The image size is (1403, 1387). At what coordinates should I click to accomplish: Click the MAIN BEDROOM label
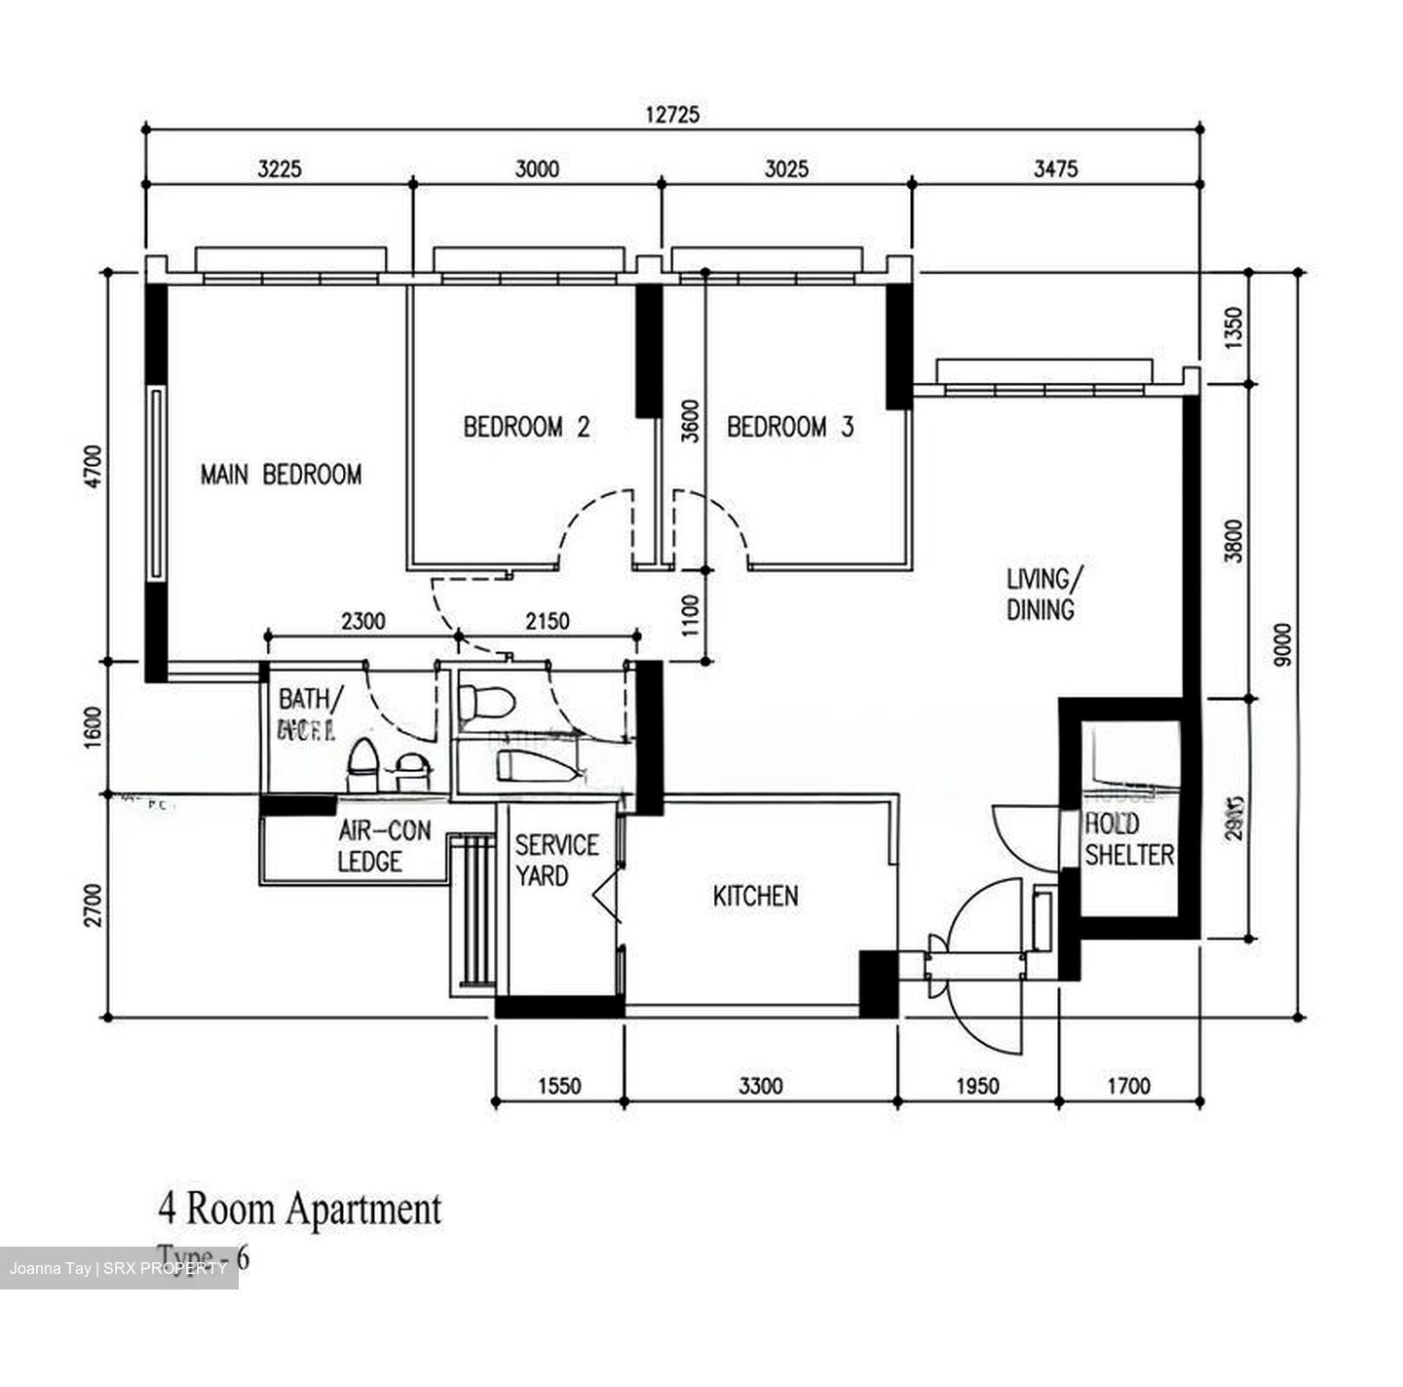[x=281, y=475]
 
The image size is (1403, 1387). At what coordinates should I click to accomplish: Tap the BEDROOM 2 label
[x=526, y=427]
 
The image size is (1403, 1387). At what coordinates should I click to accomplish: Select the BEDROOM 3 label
[x=790, y=427]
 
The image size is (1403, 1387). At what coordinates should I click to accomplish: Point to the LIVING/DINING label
[x=1041, y=594]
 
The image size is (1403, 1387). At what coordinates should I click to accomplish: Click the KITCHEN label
[x=755, y=896]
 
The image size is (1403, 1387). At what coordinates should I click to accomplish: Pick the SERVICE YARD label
[x=556, y=860]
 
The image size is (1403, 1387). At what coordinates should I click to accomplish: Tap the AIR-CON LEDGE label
[x=383, y=846]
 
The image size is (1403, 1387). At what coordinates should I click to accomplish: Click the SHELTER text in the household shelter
[x=1129, y=855]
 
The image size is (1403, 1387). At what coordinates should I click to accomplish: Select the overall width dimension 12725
[x=672, y=114]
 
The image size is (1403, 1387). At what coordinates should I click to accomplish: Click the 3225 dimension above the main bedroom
[x=280, y=169]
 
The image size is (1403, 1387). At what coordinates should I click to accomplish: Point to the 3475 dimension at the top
[x=1055, y=169]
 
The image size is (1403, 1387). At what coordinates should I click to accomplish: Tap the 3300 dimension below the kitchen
[x=760, y=1085]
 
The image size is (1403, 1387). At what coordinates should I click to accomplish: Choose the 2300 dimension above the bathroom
[x=362, y=621]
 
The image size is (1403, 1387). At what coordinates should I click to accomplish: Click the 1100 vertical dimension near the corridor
[x=690, y=616]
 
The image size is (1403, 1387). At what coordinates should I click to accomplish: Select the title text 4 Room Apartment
[x=299, y=1210]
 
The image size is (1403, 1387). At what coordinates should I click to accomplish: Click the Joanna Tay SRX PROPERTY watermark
[x=118, y=1268]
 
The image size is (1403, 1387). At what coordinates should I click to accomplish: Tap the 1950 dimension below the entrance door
[x=976, y=1085]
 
